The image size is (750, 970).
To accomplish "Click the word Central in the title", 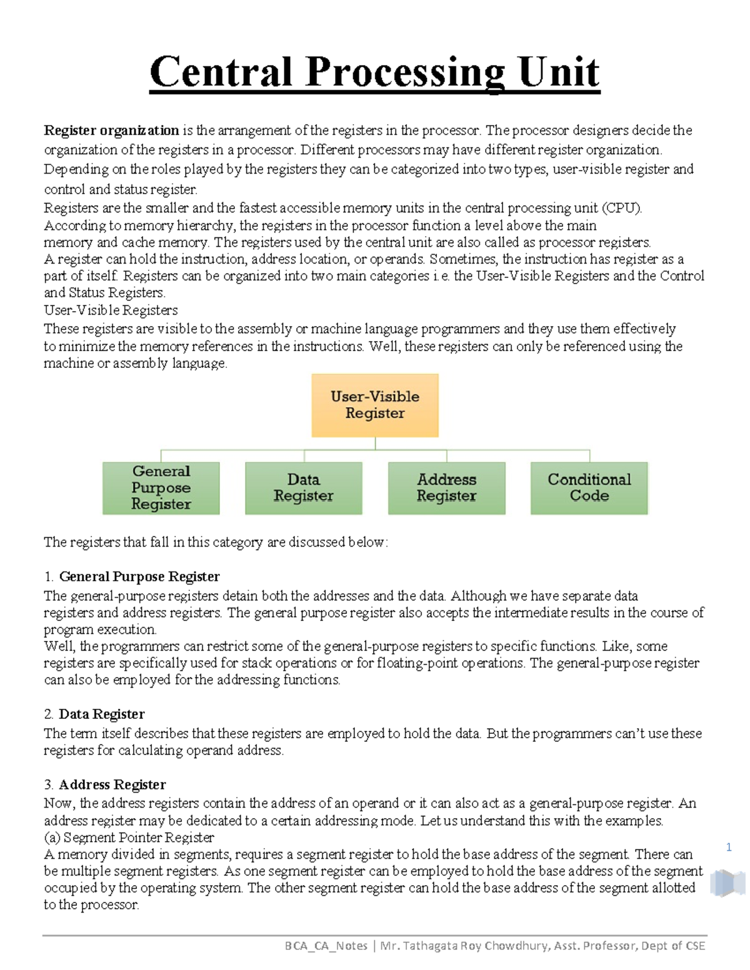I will click(221, 72).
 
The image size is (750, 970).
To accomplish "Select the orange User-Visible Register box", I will click(375, 405).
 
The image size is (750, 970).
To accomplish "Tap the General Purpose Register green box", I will click(161, 488).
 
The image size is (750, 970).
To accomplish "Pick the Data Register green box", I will click(304, 488).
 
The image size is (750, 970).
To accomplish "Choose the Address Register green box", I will click(446, 488).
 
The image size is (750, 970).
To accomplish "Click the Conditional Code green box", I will click(589, 488).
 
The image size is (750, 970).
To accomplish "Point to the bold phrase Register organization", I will click(111, 131).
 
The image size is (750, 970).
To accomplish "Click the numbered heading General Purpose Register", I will click(139, 577).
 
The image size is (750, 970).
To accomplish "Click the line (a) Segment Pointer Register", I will click(129, 838).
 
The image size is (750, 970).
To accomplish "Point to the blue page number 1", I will click(729, 848).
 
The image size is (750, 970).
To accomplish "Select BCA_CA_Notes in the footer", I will click(326, 946).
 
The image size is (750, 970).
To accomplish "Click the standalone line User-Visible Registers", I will click(111, 310).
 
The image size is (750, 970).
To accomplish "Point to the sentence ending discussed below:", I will click(216, 542).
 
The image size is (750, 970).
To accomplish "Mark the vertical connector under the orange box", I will click(375, 443).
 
